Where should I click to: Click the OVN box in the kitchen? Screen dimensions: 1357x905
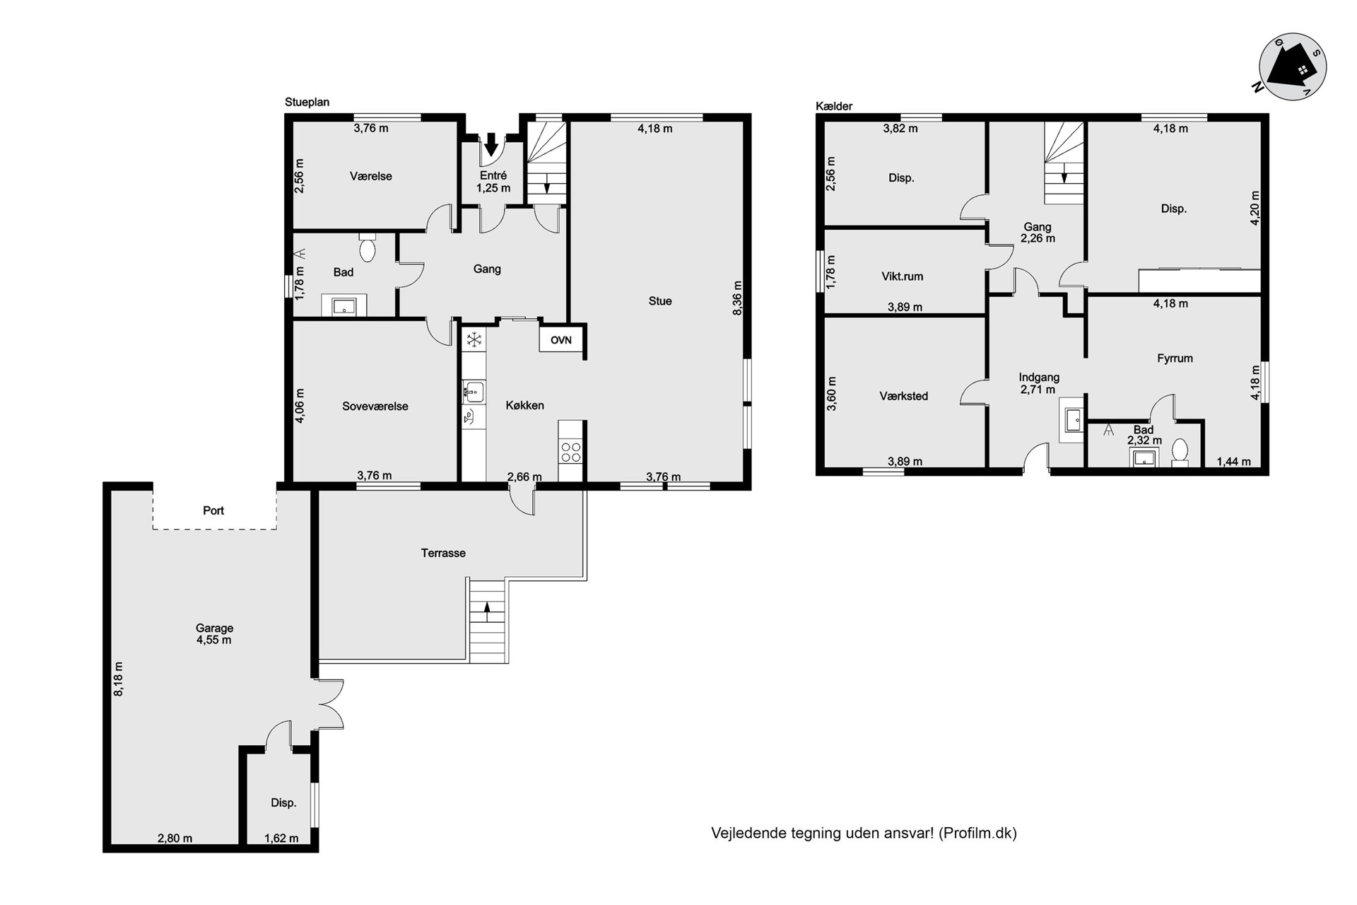point(561,339)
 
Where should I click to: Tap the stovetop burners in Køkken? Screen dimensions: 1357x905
point(570,451)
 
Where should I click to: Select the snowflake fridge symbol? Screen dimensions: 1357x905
point(474,340)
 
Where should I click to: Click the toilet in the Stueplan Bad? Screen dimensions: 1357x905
point(367,247)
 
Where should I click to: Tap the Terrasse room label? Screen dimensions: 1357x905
point(443,553)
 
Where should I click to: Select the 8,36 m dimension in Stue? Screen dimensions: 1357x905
point(737,298)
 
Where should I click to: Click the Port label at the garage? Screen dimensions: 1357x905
point(213,510)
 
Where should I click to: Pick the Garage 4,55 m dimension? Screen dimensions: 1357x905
point(214,640)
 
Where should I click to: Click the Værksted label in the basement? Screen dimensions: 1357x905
point(904,396)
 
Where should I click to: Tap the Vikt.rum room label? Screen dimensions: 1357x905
point(903,276)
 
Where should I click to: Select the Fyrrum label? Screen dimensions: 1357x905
point(1175,358)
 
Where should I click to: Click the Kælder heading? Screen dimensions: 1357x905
point(834,106)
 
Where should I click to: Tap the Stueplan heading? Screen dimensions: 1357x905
point(307,103)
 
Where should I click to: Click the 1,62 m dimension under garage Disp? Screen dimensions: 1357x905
point(281,839)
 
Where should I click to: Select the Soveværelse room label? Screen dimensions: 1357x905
point(375,407)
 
